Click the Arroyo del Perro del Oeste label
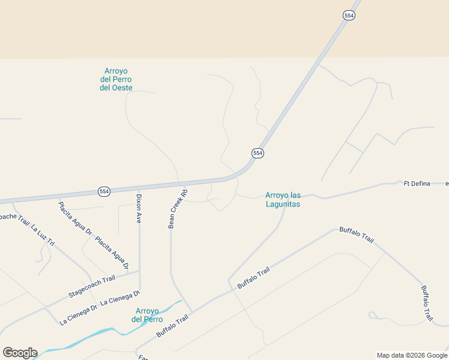click(x=116, y=80)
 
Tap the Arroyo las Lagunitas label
click(x=282, y=200)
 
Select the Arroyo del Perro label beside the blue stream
click(x=147, y=315)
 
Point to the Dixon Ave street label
click(x=138, y=209)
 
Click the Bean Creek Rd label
click(x=178, y=209)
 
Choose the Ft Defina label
click(x=417, y=184)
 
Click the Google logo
click(x=20, y=353)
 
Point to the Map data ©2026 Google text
click(x=411, y=355)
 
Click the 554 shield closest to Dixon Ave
click(x=104, y=191)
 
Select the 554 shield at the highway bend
click(x=258, y=153)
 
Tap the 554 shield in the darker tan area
click(x=349, y=16)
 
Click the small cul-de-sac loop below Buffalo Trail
click(x=373, y=315)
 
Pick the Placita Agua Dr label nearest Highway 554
click(x=75, y=218)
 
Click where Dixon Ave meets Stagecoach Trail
click(x=139, y=271)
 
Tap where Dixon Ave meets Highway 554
click(x=139, y=187)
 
